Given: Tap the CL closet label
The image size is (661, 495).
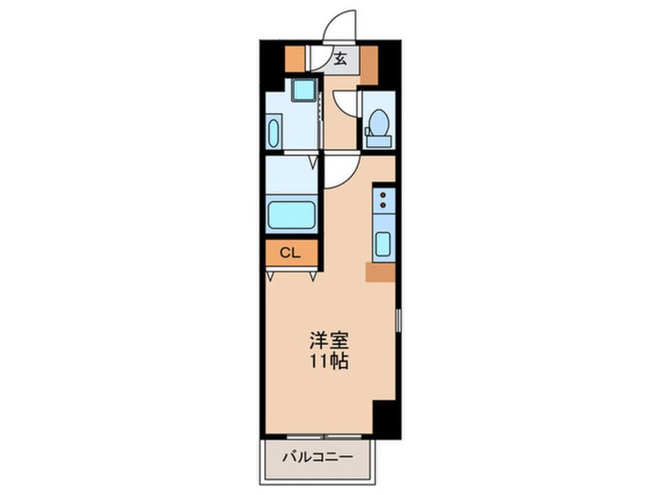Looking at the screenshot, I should [290, 252].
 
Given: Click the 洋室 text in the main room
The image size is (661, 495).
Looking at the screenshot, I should [328, 340].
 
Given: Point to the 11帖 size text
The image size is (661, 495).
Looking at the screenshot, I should [328, 362].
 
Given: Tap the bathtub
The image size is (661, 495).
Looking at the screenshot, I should [291, 215].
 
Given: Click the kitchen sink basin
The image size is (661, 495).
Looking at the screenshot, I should [384, 244].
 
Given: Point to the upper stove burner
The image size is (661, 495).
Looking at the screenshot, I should [384, 196].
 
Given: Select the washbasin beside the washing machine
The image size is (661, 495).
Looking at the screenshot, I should [274, 132].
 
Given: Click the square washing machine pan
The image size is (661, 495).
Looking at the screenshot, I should [302, 90].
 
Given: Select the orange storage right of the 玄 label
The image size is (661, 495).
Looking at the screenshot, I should [369, 62].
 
